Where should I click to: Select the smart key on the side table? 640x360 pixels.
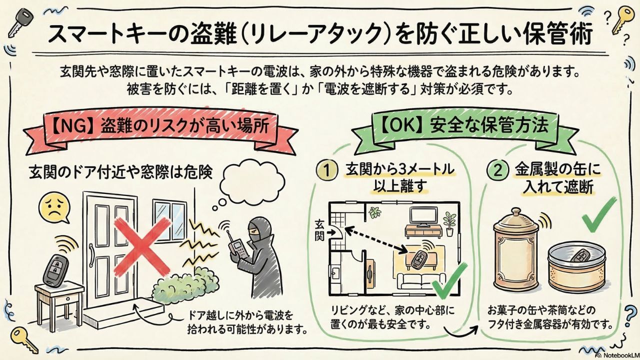(55, 269)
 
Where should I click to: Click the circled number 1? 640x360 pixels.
(326, 170)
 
